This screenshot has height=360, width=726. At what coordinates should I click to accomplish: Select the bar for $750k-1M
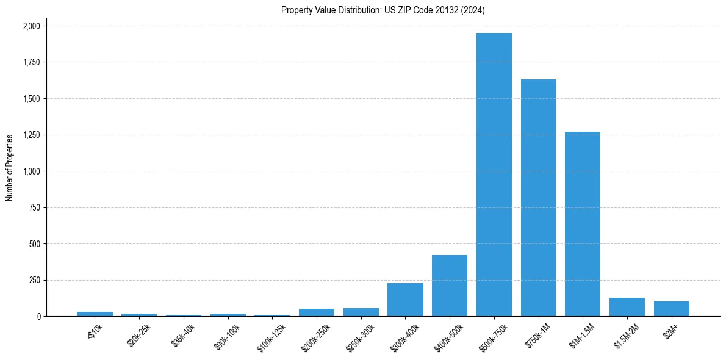click(x=538, y=198)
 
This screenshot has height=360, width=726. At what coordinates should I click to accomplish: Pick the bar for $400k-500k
click(x=450, y=286)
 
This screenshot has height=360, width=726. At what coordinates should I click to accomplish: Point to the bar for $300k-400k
click(x=405, y=300)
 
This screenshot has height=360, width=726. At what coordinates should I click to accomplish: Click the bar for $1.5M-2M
click(x=627, y=307)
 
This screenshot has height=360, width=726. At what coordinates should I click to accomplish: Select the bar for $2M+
click(x=671, y=309)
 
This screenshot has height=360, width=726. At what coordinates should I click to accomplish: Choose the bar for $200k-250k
click(x=317, y=312)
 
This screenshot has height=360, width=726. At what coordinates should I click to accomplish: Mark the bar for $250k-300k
click(x=361, y=312)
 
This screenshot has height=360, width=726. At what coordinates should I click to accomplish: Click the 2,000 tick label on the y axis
click(x=31, y=26)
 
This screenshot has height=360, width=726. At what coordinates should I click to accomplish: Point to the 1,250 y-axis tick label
click(x=31, y=135)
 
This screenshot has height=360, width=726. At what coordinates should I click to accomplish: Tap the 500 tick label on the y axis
click(x=35, y=244)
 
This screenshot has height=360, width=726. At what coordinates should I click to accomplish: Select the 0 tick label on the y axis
click(x=38, y=317)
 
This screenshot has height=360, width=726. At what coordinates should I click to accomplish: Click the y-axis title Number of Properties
click(x=10, y=168)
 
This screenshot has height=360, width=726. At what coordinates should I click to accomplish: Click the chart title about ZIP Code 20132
click(x=383, y=10)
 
